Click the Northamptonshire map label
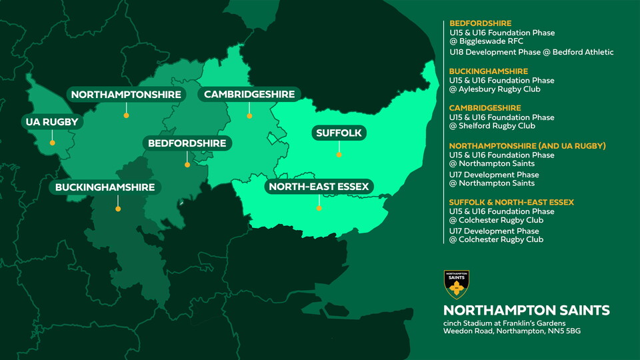click(126, 95)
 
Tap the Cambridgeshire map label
click(249, 95)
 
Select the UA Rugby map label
click(52, 122)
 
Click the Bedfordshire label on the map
click(187, 143)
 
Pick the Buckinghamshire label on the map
click(105, 187)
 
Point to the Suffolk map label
click(339, 133)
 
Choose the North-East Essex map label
click(319, 187)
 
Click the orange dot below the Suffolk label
click(339, 155)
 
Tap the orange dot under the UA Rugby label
click(52, 142)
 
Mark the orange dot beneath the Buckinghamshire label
click(118, 209)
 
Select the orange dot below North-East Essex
click(319, 208)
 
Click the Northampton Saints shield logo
click(457, 285)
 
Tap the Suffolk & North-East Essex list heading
click(511, 202)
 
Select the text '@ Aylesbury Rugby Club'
click(494, 89)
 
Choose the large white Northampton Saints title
click(526, 311)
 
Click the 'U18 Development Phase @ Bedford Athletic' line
click(531, 52)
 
